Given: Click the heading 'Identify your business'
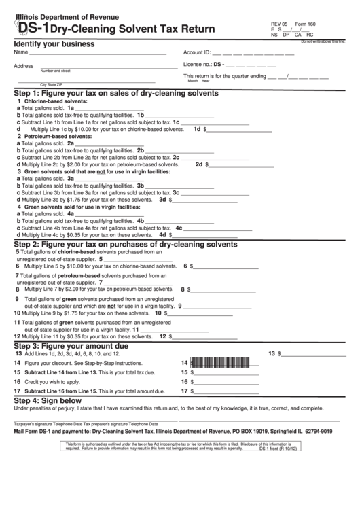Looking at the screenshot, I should click(54, 44).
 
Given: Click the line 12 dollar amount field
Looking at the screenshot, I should click(204, 336).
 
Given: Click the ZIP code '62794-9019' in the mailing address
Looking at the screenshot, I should click(311, 431).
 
